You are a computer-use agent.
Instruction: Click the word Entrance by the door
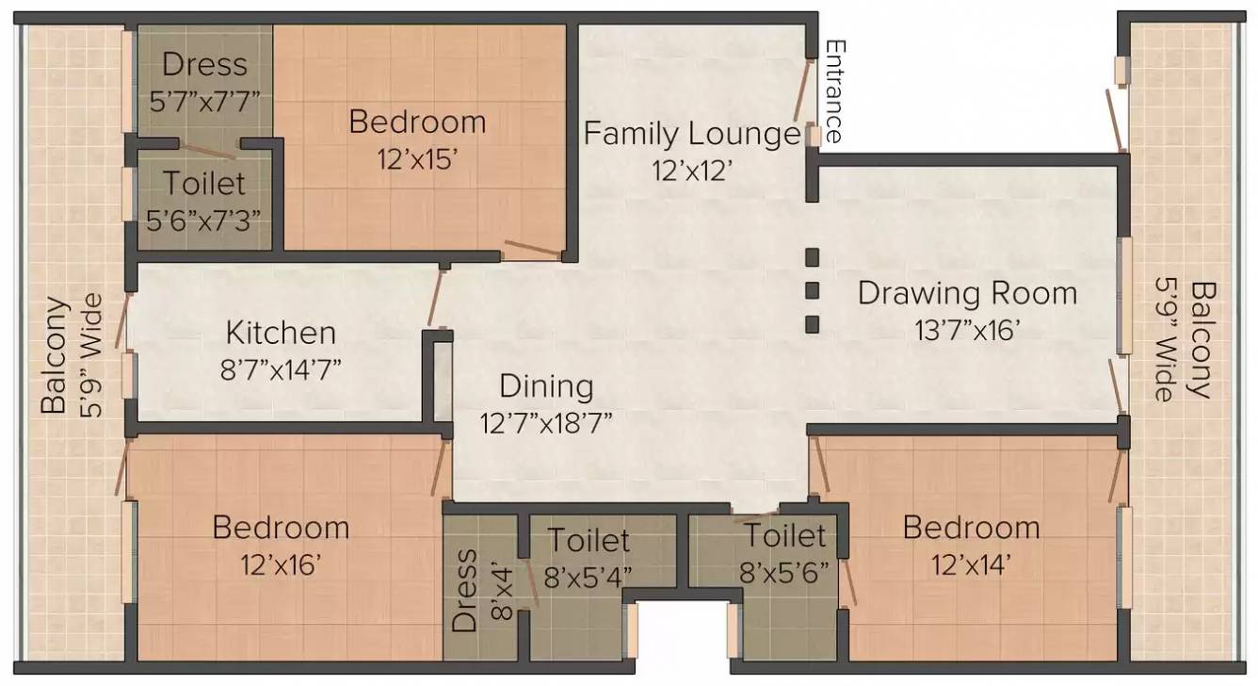pyautogui.click(x=832, y=91)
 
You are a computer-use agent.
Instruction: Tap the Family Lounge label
pyautogui.click(x=692, y=134)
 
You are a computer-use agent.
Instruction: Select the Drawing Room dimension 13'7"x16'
pyautogui.click(x=967, y=329)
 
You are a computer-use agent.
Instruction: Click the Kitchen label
pyautogui.click(x=281, y=333)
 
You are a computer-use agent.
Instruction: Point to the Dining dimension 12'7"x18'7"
pyautogui.click(x=546, y=422)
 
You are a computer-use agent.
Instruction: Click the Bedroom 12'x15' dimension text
pyautogui.click(x=417, y=158)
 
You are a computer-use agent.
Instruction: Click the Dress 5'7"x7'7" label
pyautogui.click(x=204, y=81)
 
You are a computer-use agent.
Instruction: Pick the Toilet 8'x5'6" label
pyautogui.click(x=786, y=553)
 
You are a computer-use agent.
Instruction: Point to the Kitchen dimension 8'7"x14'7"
pyautogui.click(x=281, y=367)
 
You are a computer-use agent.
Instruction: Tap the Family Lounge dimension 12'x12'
pyautogui.click(x=692, y=170)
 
